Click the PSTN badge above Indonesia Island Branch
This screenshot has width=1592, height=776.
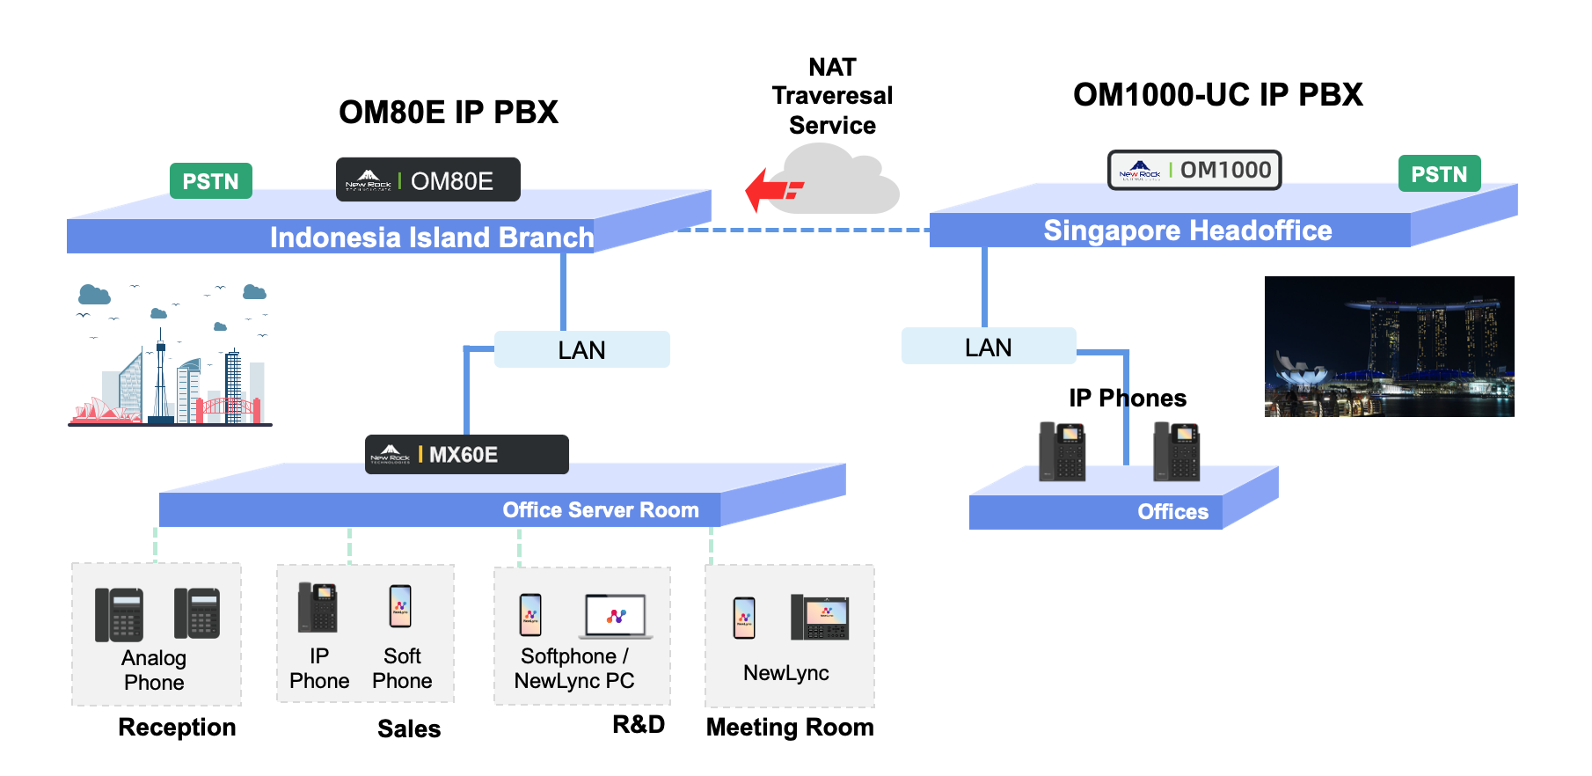click(x=211, y=181)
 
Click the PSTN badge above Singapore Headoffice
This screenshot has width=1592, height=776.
click(x=1439, y=174)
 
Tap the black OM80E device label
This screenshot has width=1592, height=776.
click(x=428, y=180)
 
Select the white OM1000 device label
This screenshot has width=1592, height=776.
click(x=1194, y=170)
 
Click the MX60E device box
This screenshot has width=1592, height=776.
click(x=466, y=455)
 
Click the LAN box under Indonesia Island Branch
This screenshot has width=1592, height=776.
click(x=581, y=350)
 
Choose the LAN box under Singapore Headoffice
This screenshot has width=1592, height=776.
click(x=989, y=347)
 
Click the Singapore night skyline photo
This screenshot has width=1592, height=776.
click(x=1389, y=347)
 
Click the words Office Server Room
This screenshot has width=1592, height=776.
click(x=601, y=510)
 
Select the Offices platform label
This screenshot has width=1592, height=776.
click(x=1172, y=512)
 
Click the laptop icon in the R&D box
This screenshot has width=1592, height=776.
click(x=616, y=616)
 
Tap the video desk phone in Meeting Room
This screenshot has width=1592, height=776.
click(x=819, y=617)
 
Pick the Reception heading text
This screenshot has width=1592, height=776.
click(x=177, y=728)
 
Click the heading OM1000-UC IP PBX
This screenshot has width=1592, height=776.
click(x=1217, y=95)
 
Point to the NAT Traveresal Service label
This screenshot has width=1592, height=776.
click(x=832, y=96)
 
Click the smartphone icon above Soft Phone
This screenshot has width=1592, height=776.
click(x=400, y=606)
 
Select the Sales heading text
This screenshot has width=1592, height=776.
click(x=409, y=729)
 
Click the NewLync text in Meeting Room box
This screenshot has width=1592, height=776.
click(x=785, y=673)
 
